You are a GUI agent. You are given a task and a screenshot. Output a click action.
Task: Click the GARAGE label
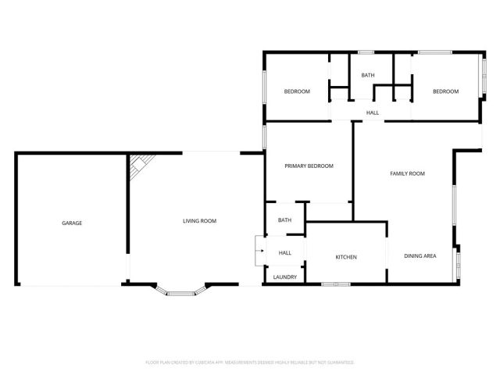point(72,223)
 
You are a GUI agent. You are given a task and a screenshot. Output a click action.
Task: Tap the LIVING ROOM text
point(199,221)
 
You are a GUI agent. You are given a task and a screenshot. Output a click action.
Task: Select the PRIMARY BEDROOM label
point(309,166)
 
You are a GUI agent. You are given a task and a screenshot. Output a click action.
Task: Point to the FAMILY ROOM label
point(407,173)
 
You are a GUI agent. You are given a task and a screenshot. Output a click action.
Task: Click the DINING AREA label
point(420,256)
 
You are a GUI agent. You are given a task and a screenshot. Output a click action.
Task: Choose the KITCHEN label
point(346,257)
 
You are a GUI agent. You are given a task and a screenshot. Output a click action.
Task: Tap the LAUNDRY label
point(284,277)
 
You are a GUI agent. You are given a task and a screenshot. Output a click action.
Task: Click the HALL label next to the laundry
point(285,252)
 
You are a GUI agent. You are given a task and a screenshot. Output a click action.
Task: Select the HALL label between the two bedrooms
point(373,113)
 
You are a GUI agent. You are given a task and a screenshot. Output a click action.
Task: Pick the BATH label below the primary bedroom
point(284,220)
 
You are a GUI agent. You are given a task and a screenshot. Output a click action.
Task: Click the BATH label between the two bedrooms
point(367,75)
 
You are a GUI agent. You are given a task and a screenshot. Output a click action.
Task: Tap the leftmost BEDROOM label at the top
point(296,91)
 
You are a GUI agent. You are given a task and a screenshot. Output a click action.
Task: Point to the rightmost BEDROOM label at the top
point(445,91)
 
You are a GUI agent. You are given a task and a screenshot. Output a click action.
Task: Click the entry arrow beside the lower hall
point(260,252)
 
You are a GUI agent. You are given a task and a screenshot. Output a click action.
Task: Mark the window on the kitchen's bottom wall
point(335,284)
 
